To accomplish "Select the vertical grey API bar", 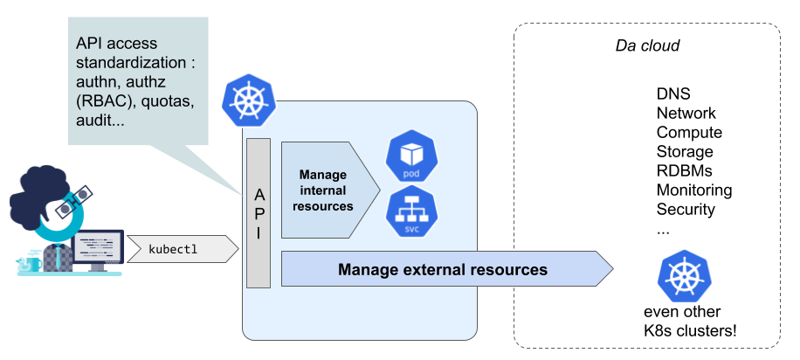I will (x=259, y=213).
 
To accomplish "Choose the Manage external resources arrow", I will (x=444, y=269).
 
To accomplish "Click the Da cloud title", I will (x=647, y=45).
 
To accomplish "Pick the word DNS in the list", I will (x=673, y=94).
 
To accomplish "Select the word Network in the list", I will (x=686, y=114).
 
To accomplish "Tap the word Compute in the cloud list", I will (x=689, y=133).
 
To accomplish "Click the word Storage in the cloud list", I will (x=685, y=152).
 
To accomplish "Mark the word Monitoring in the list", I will (x=694, y=190).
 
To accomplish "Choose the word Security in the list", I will (x=686, y=210).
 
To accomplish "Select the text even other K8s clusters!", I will (x=687, y=322).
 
